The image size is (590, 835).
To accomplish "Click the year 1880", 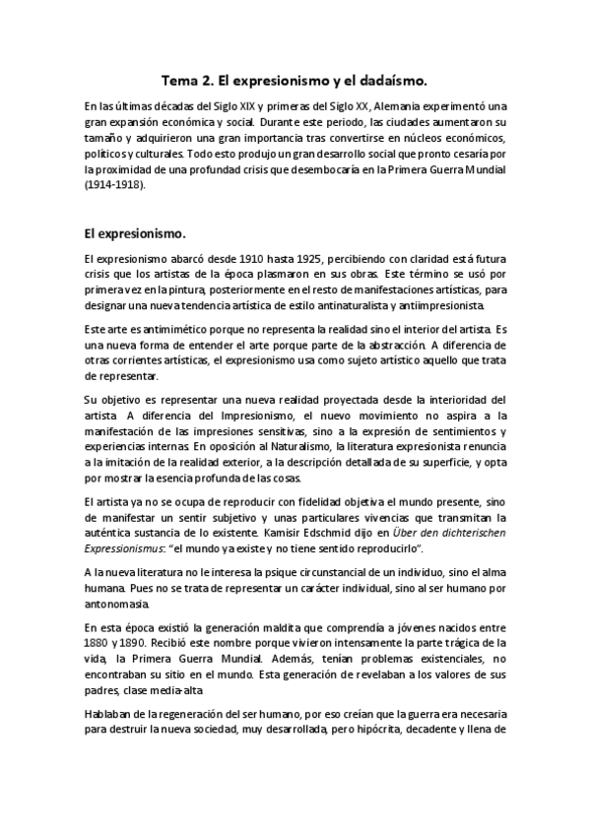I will tap(97, 643).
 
